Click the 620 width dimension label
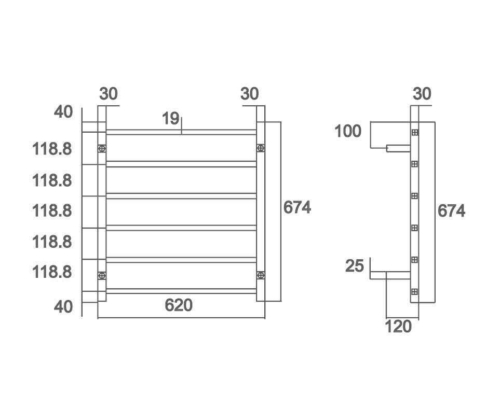pos(179,305)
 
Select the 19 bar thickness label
pos(170,119)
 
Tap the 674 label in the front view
pos(297,207)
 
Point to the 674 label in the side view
pos(451,211)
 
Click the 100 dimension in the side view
pos(348,132)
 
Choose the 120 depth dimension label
pos(398,327)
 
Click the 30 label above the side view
pos(422,94)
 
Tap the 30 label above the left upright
pos(109,94)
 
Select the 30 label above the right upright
pos(250,94)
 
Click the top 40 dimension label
pos(63,111)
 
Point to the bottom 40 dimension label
pos(63,306)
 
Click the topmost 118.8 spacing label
pos(52,149)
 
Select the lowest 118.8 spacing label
pos(52,272)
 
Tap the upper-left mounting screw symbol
pos(102,149)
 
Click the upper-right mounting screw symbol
pos(261,149)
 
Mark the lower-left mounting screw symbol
pos(102,275)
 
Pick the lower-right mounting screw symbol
pos(261,275)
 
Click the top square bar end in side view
pos(415,132)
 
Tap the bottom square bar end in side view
pos(415,292)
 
